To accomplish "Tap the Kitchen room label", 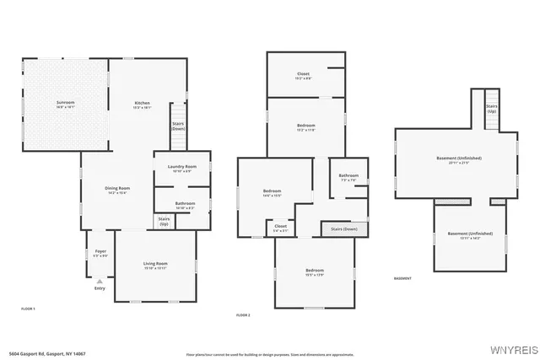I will pos(142,103).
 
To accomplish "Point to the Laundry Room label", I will pos(181,167).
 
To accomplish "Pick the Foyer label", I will pos(100,251).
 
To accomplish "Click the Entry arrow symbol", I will pos(100,281).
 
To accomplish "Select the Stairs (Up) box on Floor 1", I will pos(164,221).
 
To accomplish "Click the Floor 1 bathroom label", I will pos(185,203).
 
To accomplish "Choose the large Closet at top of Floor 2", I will pos(303,74).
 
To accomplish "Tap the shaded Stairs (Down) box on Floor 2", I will pos(343,228).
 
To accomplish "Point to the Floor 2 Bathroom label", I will pos(348,175).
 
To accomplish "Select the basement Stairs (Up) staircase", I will pos(491,109).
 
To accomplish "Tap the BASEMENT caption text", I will pos(402,278).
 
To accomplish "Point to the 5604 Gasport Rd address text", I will pos(47,353).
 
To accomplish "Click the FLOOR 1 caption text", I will pos(28,309).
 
